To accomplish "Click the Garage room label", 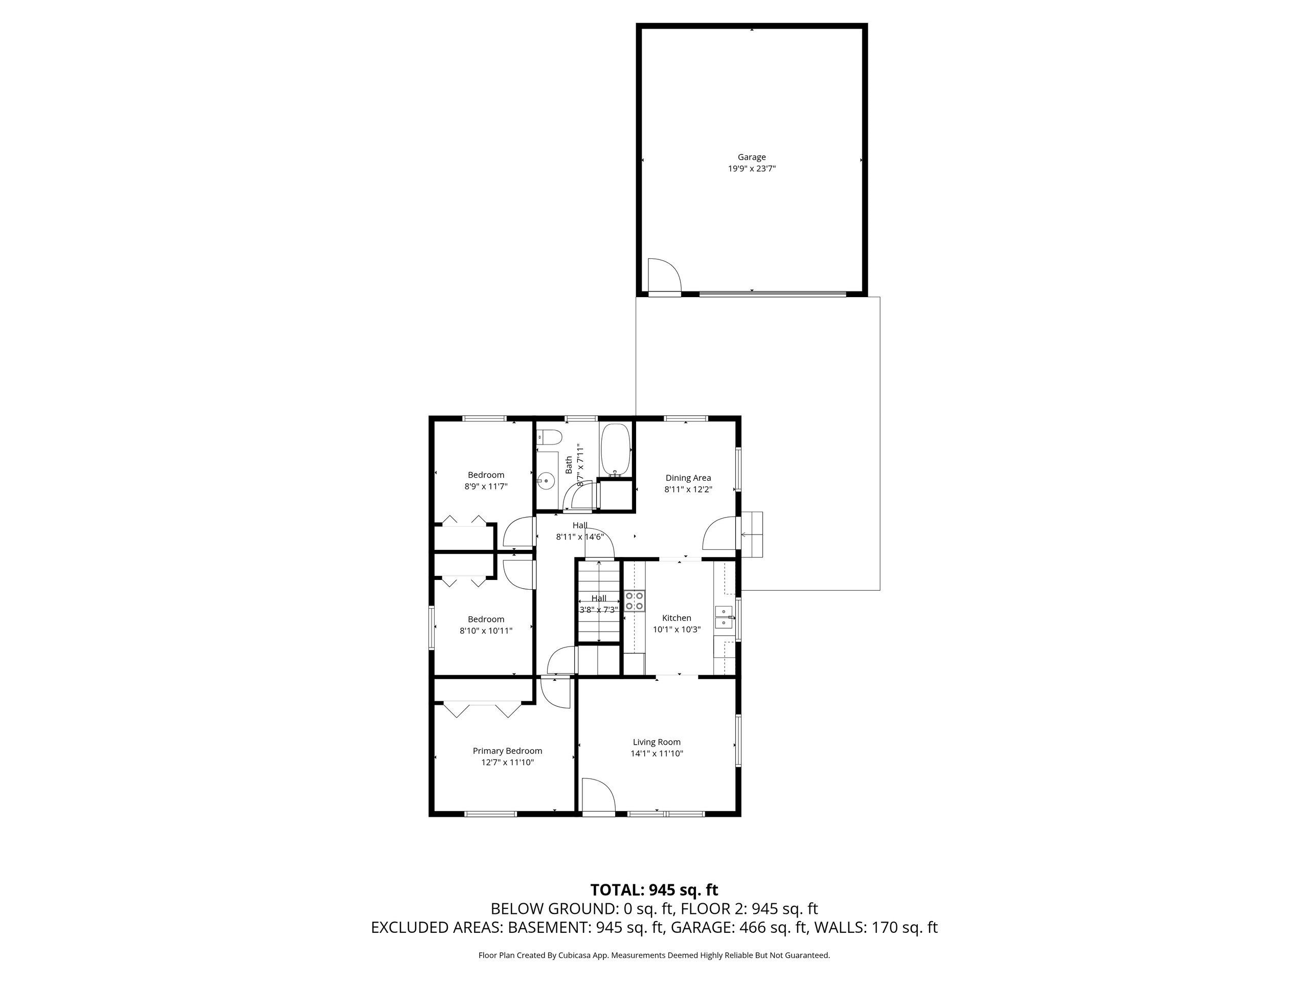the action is point(752,157).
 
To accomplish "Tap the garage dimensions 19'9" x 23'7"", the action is point(752,169).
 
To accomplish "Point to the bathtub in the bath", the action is point(616,450).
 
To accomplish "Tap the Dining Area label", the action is point(688,478).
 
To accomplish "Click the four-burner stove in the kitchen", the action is point(635,601).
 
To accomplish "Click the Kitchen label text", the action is point(676,618).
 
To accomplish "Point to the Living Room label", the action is point(657,742).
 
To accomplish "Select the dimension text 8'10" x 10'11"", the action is point(486,631).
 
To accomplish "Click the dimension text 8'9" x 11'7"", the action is point(486,486).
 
